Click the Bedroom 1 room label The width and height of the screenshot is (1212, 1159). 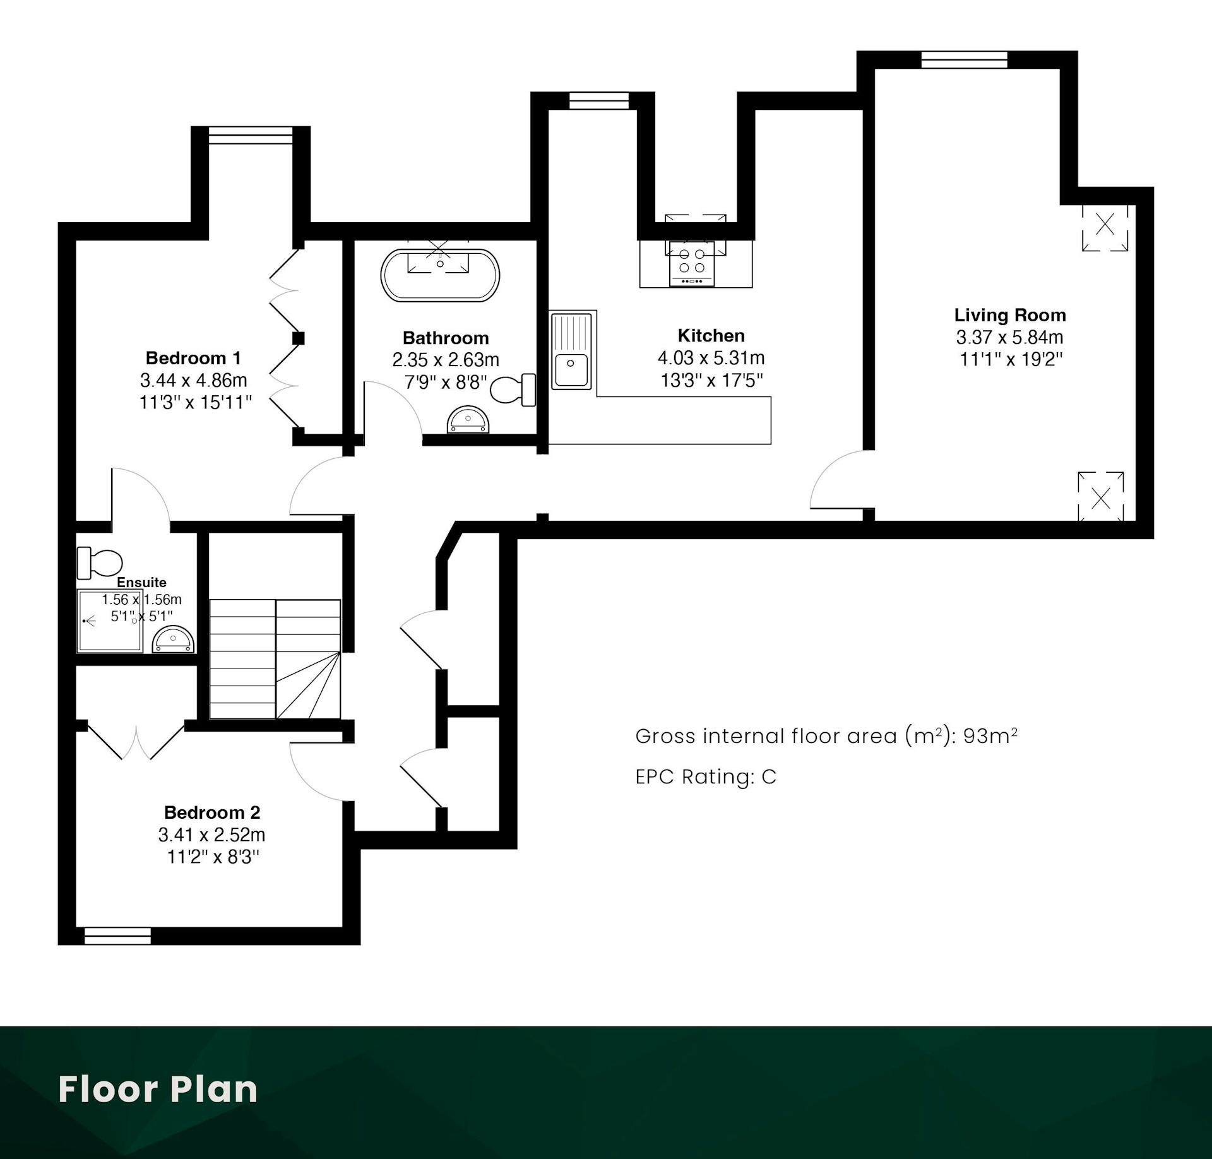(x=193, y=358)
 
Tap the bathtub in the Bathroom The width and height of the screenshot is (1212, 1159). (x=440, y=275)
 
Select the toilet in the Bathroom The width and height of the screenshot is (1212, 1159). (x=513, y=389)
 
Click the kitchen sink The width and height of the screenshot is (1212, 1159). (x=572, y=350)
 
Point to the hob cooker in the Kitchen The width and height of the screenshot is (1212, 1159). (x=692, y=263)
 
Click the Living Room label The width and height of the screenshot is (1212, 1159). (x=1010, y=315)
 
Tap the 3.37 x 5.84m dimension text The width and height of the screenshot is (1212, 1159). (x=1010, y=337)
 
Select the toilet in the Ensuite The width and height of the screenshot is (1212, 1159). (x=99, y=562)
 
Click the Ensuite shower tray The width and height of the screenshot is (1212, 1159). (x=110, y=621)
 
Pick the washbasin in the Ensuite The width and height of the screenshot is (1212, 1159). (x=173, y=639)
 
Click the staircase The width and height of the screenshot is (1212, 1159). (x=275, y=659)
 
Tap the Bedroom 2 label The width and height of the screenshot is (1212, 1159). (x=212, y=812)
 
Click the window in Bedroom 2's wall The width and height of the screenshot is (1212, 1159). (x=117, y=936)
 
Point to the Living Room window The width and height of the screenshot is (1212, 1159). (x=964, y=59)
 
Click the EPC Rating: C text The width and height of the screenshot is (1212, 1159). (x=706, y=776)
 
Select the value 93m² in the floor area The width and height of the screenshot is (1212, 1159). (x=990, y=736)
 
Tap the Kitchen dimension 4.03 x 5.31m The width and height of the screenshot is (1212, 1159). (x=711, y=358)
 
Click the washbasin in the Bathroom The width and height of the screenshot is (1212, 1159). (x=468, y=420)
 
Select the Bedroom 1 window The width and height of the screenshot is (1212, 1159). (x=251, y=135)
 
